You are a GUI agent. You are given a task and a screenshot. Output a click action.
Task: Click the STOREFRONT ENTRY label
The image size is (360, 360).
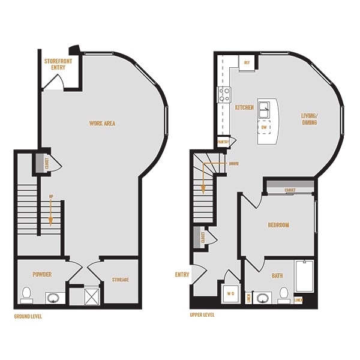pos(58,64)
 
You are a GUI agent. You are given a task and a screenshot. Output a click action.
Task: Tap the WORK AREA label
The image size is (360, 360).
pos(102,124)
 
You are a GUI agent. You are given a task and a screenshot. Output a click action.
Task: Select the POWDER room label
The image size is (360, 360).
pos(43,274)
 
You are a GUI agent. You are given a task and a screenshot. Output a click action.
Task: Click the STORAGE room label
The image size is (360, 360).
pos(120,280)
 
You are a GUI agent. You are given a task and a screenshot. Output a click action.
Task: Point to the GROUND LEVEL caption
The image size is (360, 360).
pos(28,316)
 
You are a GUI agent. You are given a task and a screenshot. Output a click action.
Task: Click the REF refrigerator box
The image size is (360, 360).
pos(247,62)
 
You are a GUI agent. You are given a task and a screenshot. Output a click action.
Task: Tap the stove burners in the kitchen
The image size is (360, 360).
pos(225,94)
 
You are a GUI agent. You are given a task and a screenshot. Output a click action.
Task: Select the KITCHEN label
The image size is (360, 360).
pos(244,108)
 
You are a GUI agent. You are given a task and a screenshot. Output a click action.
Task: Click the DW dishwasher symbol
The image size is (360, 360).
pos(264,127)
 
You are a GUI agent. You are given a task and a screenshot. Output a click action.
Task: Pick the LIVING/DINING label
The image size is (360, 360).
pos(309,119)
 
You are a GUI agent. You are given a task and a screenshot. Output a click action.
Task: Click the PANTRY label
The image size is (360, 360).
pos(224,142)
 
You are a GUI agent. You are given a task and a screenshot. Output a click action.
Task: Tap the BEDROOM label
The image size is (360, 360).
pos(278,225)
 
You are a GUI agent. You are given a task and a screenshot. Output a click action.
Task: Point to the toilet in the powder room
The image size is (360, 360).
pos(26,293)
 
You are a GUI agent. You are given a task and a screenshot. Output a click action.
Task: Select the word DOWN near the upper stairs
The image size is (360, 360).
pos(233,163)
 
